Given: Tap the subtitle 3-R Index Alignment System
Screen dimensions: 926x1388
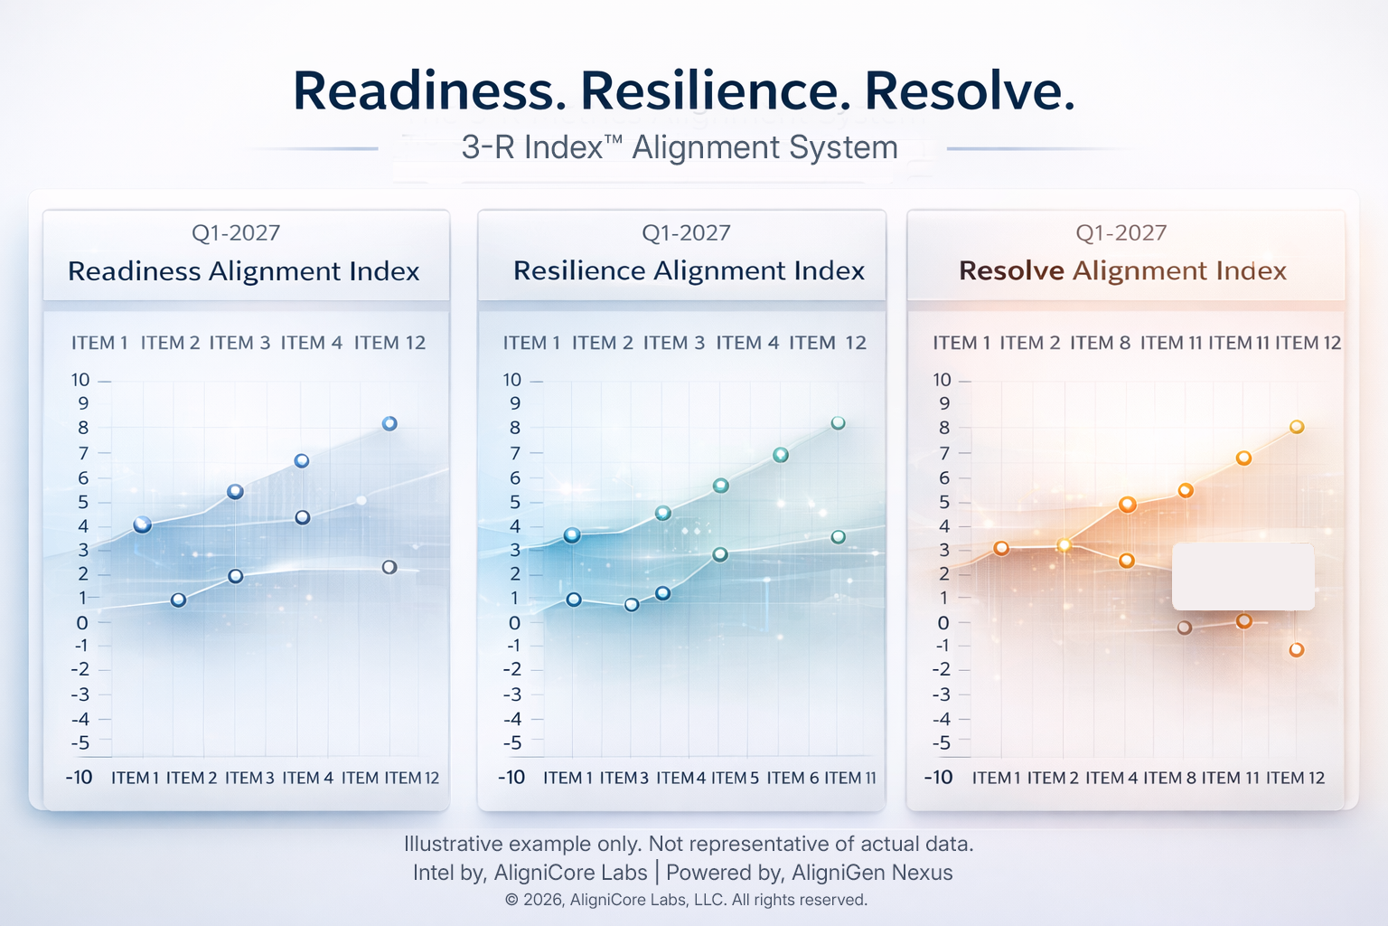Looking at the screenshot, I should click(680, 147).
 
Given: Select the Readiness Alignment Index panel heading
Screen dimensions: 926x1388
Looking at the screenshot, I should click(244, 271).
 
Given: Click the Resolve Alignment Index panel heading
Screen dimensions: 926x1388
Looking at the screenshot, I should click(1122, 271).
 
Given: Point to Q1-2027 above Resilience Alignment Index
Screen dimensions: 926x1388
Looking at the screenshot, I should click(686, 233).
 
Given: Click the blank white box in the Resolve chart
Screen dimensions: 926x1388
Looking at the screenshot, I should click(1243, 577).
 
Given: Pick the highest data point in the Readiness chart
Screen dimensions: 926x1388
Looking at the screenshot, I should click(389, 423).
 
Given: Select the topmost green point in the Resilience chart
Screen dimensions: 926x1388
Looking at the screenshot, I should click(838, 423).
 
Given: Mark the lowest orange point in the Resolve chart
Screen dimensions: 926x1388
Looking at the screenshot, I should click(1296, 649).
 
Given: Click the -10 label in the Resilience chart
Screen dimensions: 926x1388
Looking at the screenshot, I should click(511, 778).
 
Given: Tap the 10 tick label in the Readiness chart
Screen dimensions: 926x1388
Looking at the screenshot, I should click(81, 380).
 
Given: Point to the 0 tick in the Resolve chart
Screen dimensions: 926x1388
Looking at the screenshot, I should click(943, 622).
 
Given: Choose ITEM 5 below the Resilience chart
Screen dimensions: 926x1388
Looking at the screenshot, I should click(735, 778).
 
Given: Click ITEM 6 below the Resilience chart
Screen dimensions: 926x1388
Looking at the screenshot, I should click(792, 778).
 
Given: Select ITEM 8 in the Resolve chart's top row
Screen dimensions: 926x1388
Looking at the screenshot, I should click(1100, 343).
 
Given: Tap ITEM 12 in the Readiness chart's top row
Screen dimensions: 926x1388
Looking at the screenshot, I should click(389, 343).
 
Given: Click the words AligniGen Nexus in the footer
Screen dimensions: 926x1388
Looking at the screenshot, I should click(872, 873).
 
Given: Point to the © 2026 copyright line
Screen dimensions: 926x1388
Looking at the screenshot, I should click(686, 900).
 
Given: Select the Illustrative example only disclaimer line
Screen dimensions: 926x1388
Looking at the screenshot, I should click(688, 844).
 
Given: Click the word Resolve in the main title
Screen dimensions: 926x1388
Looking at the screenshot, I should click(970, 91).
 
